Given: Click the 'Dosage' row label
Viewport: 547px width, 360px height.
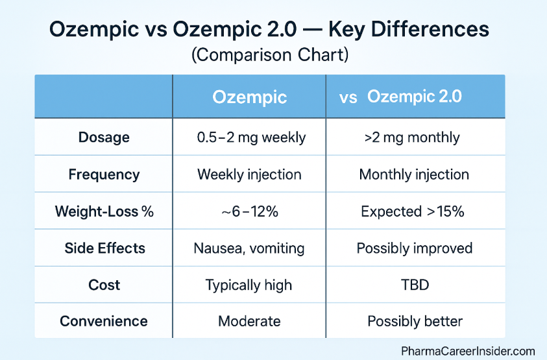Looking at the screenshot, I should [104, 138].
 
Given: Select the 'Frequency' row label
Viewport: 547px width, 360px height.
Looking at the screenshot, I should [104, 174].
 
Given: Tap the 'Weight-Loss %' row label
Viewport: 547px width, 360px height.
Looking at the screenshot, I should [104, 211].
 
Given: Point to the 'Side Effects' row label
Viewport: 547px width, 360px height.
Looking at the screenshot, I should [104, 248].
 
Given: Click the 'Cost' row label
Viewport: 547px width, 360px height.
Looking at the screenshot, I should [104, 285].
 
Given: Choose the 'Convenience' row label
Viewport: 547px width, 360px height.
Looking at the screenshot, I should [104, 322].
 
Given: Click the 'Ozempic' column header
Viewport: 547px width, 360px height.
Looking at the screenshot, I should [250, 97].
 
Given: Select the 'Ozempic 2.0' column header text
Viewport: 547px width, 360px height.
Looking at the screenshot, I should [414, 97].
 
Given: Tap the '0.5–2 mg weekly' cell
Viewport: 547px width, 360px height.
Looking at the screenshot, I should [250, 138].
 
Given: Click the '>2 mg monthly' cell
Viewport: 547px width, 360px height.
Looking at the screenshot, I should [414, 138].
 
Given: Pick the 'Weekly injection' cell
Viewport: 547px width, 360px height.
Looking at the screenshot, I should [250, 174].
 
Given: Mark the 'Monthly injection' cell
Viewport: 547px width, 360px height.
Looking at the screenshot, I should [414, 174].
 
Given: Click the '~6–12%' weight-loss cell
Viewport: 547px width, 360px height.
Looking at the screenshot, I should [250, 211].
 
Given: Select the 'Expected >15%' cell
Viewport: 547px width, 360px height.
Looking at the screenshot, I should [414, 211].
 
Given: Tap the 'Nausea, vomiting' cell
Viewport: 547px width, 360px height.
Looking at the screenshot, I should [250, 248].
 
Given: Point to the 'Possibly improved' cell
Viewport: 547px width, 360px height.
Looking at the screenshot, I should [414, 248].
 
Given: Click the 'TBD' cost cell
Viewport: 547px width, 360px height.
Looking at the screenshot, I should [414, 285].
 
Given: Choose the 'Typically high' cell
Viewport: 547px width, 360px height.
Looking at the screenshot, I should [250, 285].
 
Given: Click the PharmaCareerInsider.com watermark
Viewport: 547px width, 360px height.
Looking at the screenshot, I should [468, 351].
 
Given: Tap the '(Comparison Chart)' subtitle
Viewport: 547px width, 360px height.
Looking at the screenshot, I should [270, 55].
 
